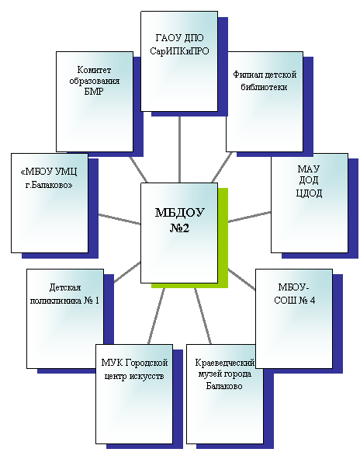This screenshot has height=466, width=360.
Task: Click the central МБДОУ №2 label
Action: coord(179,221)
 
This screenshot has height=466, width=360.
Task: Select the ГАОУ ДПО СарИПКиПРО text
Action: coord(179,44)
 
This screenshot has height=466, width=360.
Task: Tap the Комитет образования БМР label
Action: coord(95,81)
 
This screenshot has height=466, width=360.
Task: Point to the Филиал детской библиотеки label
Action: coord(265,81)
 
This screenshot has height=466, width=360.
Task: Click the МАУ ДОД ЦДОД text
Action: coord(309,181)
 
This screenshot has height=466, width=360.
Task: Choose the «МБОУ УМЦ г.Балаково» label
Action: coord(49,179)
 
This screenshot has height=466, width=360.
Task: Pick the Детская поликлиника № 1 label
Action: coord(64,294)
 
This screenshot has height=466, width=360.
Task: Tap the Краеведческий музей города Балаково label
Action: coord(224,374)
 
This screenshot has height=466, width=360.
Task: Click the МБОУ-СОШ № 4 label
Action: coord(294,294)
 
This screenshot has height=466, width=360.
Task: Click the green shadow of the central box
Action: coord(223,238)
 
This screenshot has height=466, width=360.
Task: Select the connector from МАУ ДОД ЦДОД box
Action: coord(249,217)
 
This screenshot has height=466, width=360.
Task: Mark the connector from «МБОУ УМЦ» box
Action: coord(119,219)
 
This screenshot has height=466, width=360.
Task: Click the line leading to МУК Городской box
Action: coord(156,316)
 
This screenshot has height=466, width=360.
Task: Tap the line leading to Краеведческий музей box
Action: coord(202,316)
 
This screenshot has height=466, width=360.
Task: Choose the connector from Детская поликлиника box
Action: coord(127,272)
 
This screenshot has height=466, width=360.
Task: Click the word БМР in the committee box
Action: coord(94,92)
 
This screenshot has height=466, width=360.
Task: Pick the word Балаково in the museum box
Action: coord(224,386)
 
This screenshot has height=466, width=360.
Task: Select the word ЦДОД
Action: coord(309,193)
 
